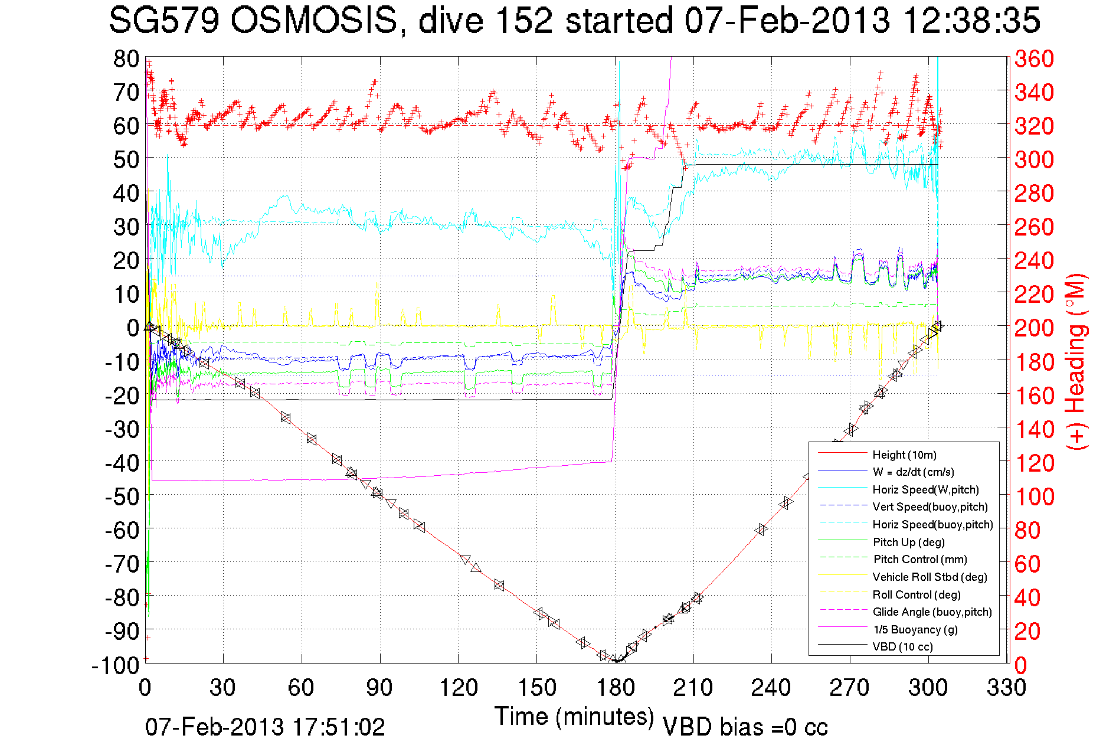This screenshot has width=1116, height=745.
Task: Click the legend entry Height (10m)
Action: click(x=904, y=455)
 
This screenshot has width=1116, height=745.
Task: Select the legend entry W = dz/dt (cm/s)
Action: click(x=913, y=472)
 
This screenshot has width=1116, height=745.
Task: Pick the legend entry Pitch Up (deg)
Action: click(x=908, y=542)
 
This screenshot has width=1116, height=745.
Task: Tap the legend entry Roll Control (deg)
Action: click(x=916, y=594)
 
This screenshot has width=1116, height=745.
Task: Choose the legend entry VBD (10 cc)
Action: click(x=902, y=647)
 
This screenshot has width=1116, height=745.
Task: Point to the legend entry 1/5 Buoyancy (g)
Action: click(x=915, y=629)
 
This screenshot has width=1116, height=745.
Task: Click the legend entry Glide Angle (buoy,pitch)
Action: click(x=932, y=612)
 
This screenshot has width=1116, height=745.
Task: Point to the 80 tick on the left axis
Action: click(x=126, y=58)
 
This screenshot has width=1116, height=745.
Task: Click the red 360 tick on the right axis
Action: click(x=1034, y=58)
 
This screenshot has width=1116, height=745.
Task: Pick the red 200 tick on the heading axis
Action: click(x=1034, y=328)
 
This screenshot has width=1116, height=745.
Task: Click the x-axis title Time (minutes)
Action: click(x=574, y=717)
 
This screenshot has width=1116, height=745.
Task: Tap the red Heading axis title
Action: click(x=1075, y=361)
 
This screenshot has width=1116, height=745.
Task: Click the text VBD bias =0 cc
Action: click(x=745, y=727)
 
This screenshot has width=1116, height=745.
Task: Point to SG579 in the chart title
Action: click(x=164, y=21)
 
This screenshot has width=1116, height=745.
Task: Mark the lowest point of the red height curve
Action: click(x=615, y=661)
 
